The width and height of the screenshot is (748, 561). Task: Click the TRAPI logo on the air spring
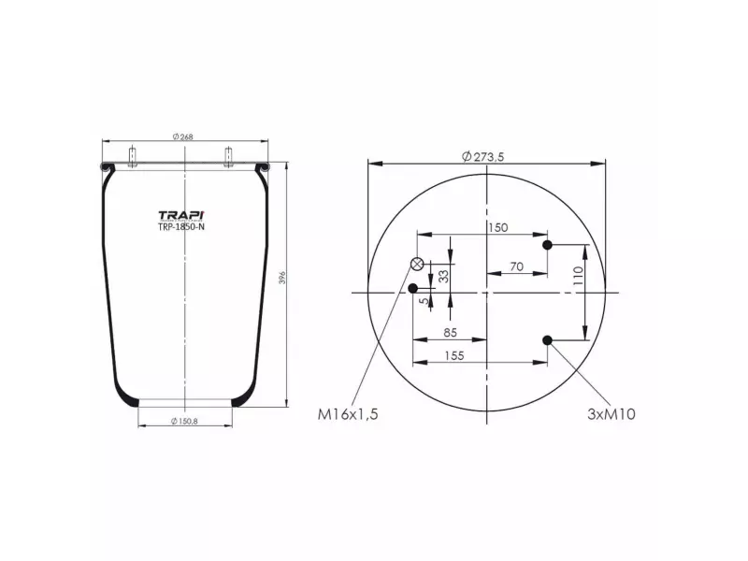coord(182,214)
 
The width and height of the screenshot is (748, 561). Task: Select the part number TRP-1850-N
coord(181,226)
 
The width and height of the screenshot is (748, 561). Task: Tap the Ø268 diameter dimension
coord(182,137)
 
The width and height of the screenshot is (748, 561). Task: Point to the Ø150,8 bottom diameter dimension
coord(183,422)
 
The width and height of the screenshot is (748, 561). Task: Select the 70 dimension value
coord(516,266)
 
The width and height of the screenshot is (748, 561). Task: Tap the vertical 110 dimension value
coord(579,275)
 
